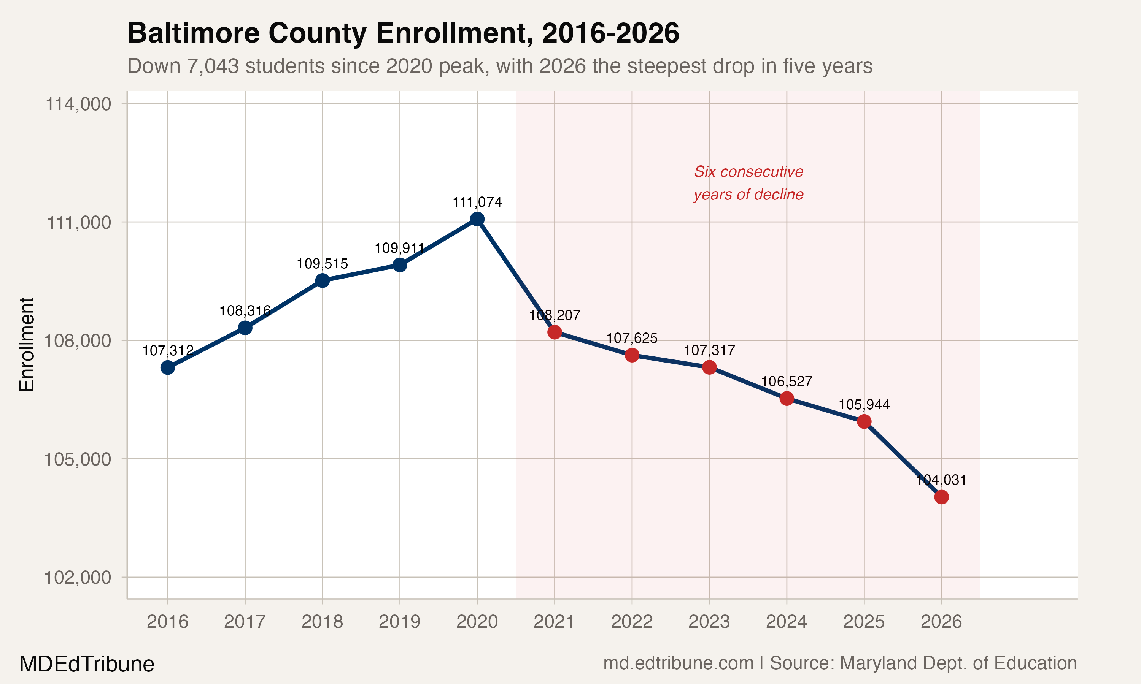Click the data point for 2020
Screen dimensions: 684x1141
point(477,219)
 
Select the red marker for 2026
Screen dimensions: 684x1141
point(941,497)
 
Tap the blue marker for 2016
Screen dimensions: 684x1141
point(167,367)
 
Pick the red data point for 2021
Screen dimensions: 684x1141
point(555,332)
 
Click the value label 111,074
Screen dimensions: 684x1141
point(477,202)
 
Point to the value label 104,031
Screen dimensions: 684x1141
point(941,480)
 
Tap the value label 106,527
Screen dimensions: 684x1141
point(787,382)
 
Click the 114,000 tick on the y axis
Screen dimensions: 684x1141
point(78,104)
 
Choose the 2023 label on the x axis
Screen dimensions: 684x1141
point(709,622)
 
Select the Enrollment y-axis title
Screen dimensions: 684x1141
point(27,344)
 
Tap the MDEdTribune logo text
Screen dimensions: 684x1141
point(87,664)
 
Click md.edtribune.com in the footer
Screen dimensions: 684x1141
point(678,663)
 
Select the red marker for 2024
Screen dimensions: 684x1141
point(787,398)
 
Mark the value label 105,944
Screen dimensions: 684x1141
point(864,405)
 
